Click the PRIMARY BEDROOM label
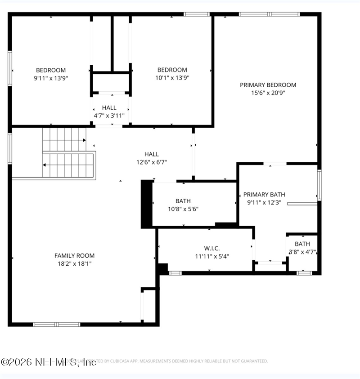tap(268, 85)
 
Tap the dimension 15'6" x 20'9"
tap(268, 93)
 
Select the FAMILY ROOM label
tap(75, 255)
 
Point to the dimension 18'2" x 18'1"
tap(75, 263)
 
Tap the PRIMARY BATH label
tap(264, 195)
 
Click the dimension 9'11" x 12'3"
tap(264, 203)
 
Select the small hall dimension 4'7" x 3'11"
tap(109, 116)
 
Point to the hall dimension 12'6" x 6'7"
tap(151, 162)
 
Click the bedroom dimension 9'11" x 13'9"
tap(51, 78)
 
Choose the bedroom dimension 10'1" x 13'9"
tap(172, 78)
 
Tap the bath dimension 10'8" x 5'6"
tap(183, 209)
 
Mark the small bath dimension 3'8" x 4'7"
tap(302, 252)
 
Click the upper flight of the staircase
tap(64, 139)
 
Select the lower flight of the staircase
tap(68, 165)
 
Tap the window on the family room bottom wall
tap(57, 324)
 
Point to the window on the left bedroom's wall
tap(10, 68)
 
